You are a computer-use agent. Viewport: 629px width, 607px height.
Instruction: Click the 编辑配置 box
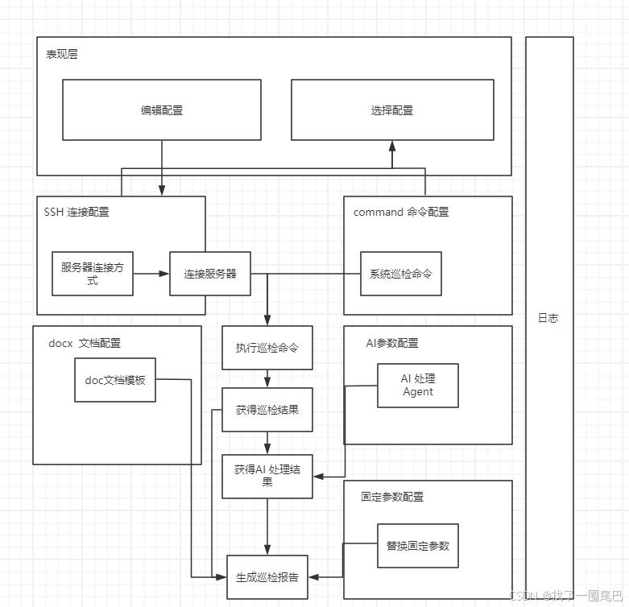tap(162, 110)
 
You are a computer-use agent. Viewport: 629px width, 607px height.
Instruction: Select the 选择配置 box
tap(392, 110)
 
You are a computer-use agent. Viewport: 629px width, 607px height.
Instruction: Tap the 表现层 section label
tap(62, 55)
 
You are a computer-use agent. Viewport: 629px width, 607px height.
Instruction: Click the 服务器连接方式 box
tap(92, 274)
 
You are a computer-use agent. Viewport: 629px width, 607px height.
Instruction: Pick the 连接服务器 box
tap(209, 274)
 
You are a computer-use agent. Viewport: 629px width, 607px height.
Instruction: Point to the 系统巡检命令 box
tap(400, 274)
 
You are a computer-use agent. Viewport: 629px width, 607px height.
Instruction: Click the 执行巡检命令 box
tap(267, 348)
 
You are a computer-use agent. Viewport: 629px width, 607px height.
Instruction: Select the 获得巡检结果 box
tap(267, 410)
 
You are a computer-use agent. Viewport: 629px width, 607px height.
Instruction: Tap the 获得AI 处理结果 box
tap(267, 476)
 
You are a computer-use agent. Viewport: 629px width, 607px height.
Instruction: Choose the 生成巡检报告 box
tap(267, 576)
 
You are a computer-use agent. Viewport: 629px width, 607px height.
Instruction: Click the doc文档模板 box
tap(115, 379)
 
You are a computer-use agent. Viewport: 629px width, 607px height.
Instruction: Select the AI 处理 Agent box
tap(418, 385)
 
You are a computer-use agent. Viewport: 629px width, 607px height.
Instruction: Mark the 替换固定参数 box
tap(417, 545)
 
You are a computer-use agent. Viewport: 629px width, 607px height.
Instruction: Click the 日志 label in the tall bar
tap(548, 318)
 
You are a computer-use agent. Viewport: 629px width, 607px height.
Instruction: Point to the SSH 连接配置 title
tap(77, 213)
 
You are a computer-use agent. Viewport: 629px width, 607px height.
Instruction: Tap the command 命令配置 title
tap(401, 213)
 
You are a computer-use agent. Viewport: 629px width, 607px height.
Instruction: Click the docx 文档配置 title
tap(85, 343)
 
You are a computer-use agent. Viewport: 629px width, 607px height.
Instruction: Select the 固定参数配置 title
tap(392, 497)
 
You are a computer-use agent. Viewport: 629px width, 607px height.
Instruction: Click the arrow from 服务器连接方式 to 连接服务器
tap(151, 274)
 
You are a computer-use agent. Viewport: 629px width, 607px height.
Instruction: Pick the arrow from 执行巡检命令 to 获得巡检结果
tap(267, 378)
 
